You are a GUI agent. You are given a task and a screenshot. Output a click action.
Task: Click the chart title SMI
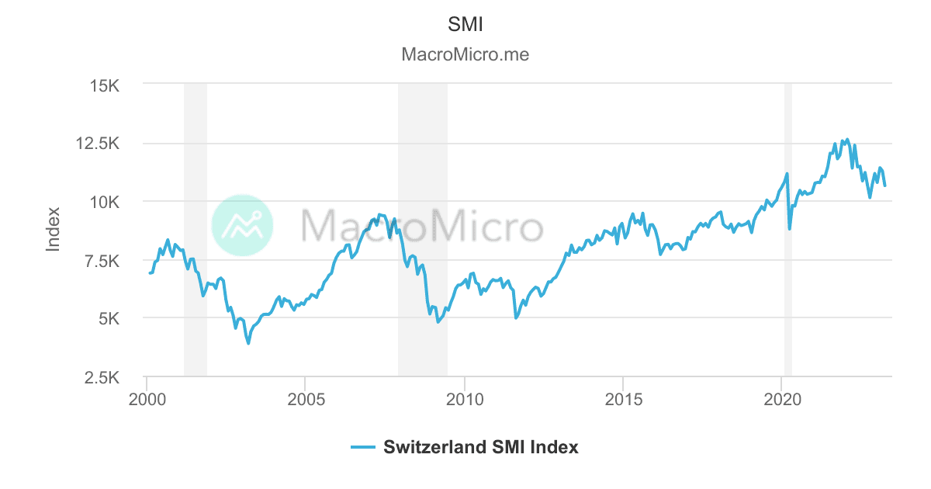[465, 24]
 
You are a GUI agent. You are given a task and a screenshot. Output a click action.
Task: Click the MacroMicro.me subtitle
[465, 55]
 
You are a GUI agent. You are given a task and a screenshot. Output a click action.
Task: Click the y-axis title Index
[54, 229]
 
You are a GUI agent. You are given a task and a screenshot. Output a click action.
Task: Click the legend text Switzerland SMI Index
[481, 447]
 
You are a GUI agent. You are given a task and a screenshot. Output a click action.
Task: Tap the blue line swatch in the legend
[363, 447]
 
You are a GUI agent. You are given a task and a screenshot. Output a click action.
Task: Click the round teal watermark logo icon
[242, 225]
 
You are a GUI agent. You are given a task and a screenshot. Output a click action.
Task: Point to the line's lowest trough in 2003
[248, 343]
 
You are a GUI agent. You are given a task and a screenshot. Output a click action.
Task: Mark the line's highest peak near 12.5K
[846, 139]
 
